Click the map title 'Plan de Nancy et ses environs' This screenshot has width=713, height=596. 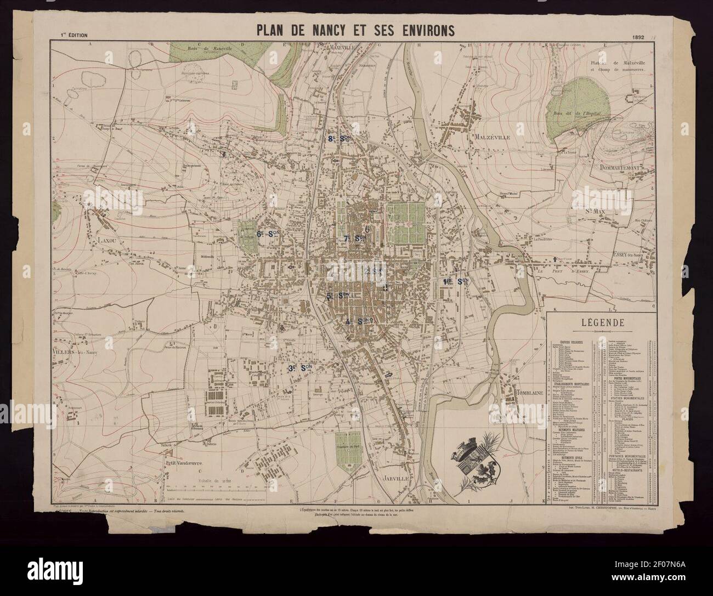(x=355, y=30)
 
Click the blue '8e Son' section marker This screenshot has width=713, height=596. (x=339, y=139)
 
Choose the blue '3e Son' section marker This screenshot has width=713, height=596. (x=300, y=369)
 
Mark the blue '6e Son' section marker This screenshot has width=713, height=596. (x=268, y=234)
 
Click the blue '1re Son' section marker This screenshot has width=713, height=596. (x=455, y=281)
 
